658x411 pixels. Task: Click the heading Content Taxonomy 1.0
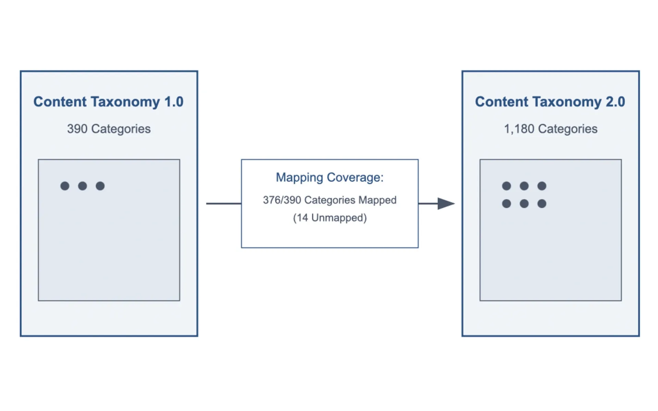[108, 102]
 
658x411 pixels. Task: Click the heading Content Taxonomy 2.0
[550, 102]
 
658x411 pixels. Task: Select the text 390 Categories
[109, 129]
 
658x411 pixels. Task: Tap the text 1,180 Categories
[550, 129]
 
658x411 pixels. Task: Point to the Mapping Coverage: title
[329, 177]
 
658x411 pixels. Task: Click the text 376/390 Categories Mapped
[329, 200]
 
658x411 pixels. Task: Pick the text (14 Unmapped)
[329, 218]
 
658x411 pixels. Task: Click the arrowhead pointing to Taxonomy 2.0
[446, 203]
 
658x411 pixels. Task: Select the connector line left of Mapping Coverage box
[223, 203]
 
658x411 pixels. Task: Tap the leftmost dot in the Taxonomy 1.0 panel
[65, 186]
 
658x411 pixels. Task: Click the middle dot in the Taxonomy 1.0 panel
[83, 186]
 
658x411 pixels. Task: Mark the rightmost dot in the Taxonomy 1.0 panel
[100, 186]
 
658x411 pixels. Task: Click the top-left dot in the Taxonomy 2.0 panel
[507, 186]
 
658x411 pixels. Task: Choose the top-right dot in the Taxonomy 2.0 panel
[542, 186]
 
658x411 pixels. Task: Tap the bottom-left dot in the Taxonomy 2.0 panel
[507, 204]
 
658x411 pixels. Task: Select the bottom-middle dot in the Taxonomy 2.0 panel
[524, 204]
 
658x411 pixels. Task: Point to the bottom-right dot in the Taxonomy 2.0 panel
[542, 204]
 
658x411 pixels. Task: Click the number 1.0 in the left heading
[174, 102]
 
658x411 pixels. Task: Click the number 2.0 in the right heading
[615, 102]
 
